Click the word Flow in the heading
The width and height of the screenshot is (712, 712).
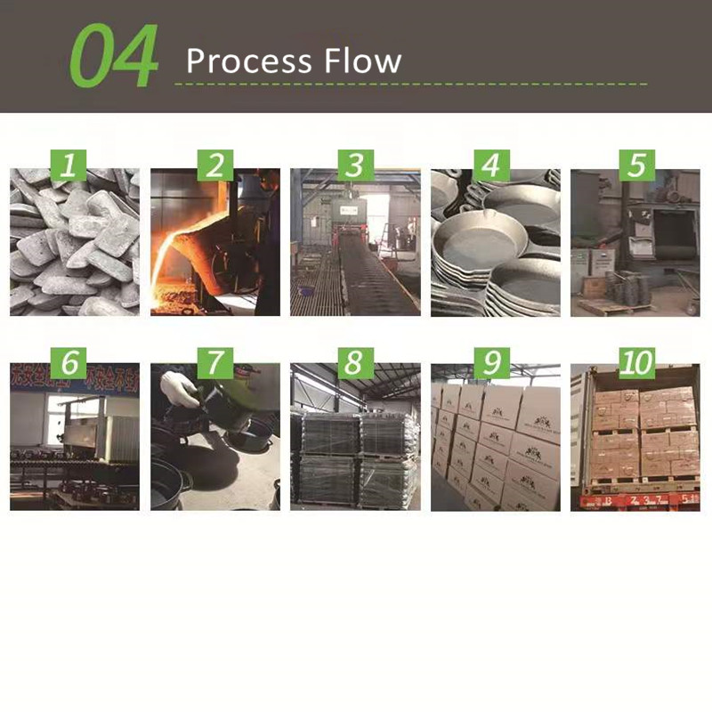coord(360,61)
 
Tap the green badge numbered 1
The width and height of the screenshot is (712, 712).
coord(75,166)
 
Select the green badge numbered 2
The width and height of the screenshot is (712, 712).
coord(214,166)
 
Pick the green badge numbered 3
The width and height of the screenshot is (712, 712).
coord(355,166)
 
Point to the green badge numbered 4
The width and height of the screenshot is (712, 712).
coord(495,166)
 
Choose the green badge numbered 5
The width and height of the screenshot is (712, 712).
coord(635,166)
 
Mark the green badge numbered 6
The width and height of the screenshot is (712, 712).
coord(75,361)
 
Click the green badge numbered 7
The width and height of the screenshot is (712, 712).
coord(214,361)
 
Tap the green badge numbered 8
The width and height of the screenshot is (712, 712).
coord(355,361)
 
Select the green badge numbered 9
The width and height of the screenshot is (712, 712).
coord(495,361)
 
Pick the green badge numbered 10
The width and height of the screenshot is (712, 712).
coord(635,361)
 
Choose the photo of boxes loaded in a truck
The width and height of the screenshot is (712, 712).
coord(635,445)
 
